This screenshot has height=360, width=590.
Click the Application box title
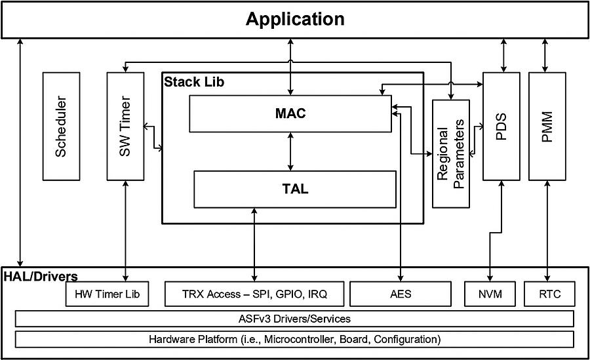pyautogui.click(x=295, y=19)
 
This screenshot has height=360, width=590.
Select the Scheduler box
pyautogui.click(x=61, y=126)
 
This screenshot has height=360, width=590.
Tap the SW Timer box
pyautogui.click(x=125, y=126)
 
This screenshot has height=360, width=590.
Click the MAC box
pyautogui.click(x=290, y=113)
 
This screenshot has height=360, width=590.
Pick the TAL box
pyautogui.click(x=295, y=190)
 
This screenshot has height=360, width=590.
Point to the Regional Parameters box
pyautogui.click(x=451, y=154)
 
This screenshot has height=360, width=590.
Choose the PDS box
pyautogui.click(x=501, y=126)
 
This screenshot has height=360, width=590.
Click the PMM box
pyautogui.click(x=547, y=126)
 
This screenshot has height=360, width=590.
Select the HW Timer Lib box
pyautogui.click(x=108, y=294)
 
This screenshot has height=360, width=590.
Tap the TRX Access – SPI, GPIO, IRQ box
pyautogui.click(x=254, y=294)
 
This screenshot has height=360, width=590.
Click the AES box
pyautogui.click(x=400, y=294)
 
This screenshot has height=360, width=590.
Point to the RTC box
pyautogui.click(x=549, y=294)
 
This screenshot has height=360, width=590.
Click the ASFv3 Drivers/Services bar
pyautogui.click(x=294, y=319)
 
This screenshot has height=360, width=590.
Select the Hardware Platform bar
pyautogui.click(x=294, y=340)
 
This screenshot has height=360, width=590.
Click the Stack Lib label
pyautogui.click(x=193, y=83)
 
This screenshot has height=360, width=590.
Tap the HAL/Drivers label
pyautogui.click(x=41, y=276)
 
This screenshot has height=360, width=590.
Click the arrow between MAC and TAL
pyautogui.click(x=290, y=151)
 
